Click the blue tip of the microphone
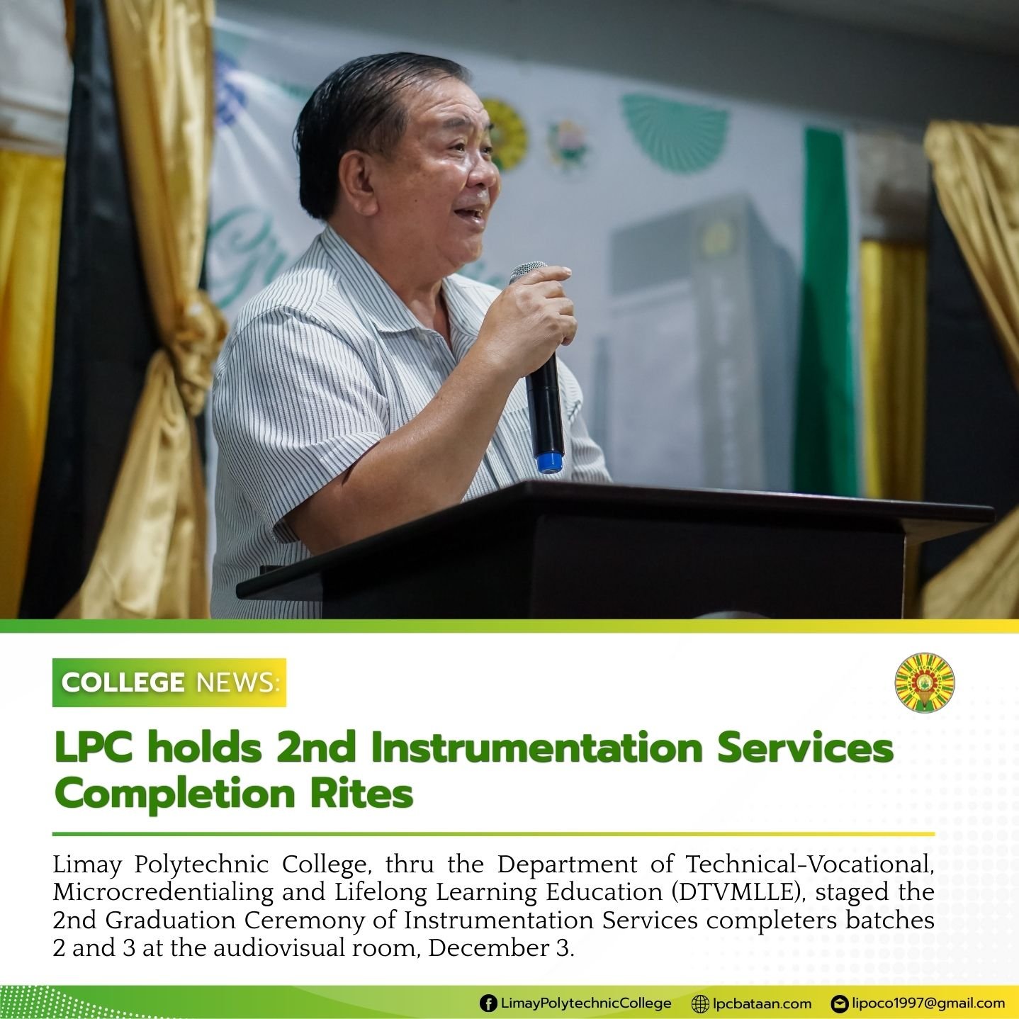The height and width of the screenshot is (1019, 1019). [x=548, y=462]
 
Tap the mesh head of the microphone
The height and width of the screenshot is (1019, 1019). [x=529, y=272]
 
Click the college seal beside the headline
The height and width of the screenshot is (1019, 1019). [x=924, y=682]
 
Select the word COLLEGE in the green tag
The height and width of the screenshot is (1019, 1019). [x=123, y=682]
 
